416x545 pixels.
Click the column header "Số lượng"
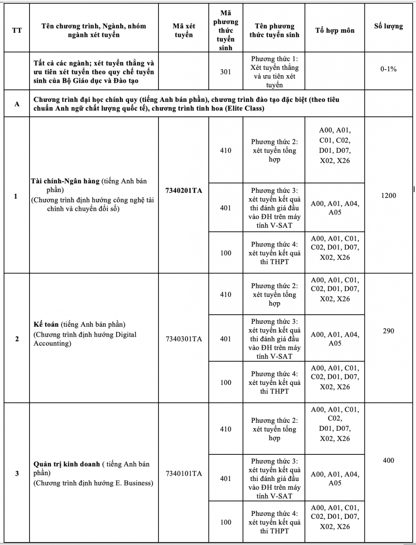tap(389, 26)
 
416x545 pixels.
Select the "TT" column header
tap(17, 30)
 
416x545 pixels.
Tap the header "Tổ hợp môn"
tap(335, 30)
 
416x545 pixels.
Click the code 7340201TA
tap(183, 191)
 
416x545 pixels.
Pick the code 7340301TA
tap(183, 339)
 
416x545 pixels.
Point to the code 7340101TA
tap(183, 473)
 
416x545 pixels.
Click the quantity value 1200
tap(389, 195)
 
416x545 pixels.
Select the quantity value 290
tap(389, 331)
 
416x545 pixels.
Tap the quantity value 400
tap(389, 460)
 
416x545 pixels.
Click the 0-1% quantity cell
tap(389, 69)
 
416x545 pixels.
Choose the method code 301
tap(225, 72)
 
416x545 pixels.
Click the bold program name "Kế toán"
tap(46, 324)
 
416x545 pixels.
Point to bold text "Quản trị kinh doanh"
tap(67, 464)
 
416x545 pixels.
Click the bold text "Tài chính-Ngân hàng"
tap(65, 181)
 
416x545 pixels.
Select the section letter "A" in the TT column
tap(17, 104)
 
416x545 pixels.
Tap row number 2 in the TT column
tap(17, 339)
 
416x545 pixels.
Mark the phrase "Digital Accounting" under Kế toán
tap(83, 339)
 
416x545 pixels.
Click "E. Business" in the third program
tap(134, 483)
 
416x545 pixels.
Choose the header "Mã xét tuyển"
tap(183, 30)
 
